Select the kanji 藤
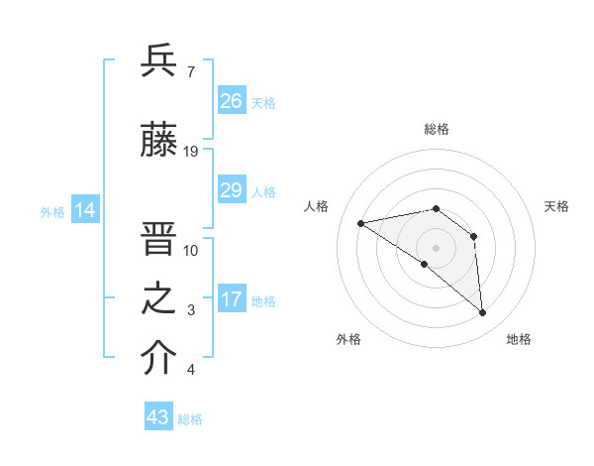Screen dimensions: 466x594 click(159, 141)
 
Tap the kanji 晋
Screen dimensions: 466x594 click(159, 239)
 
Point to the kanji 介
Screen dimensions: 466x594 click(159, 359)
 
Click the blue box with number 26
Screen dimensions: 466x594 click(232, 101)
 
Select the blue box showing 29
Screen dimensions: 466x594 click(232, 190)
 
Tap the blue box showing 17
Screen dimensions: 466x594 click(232, 299)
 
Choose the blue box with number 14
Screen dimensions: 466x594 click(85, 210)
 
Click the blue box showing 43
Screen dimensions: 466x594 click(158, 417)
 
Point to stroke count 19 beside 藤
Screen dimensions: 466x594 click(192, 152)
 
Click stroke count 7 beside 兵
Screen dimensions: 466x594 click(190, 71)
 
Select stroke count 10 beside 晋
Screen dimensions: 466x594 click(192, 250)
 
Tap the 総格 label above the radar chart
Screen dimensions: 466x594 click(436, 129)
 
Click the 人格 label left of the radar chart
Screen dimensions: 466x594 click(317, 206)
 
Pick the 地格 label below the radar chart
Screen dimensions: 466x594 click(519, 339)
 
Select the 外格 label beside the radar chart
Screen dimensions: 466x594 click(348, 339)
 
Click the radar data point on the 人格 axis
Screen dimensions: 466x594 click(361, 223)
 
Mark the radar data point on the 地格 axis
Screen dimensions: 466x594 click(482, 312)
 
